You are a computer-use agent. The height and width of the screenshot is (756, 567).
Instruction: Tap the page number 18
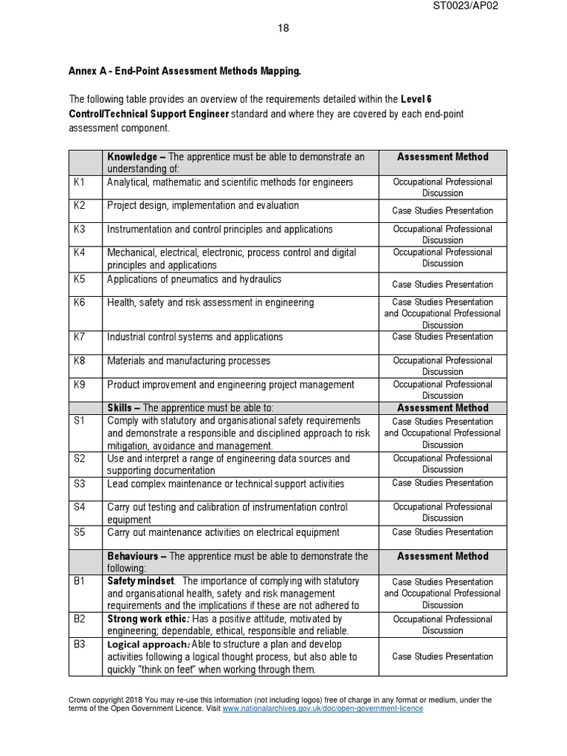coord(283,28)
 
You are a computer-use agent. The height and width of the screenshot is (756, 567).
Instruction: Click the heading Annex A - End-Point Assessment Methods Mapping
coord(185,72)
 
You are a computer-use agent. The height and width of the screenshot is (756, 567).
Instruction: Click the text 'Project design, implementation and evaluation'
coord(203,206)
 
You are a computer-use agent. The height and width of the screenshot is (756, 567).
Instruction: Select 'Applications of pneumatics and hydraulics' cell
coord(194,280)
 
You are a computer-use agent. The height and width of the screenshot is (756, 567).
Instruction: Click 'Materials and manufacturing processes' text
coord(189,361)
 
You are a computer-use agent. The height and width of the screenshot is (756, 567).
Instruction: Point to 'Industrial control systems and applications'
coord(195,337)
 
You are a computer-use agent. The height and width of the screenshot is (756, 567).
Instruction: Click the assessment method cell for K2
coord(442,211)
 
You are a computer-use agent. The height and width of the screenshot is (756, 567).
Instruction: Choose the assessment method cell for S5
coord(442,532)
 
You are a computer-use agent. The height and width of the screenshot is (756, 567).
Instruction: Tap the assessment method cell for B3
coord(442,656)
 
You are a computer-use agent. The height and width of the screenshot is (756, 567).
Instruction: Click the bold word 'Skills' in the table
coord(120,408)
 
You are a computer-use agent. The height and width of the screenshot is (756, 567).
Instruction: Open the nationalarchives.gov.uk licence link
coord(323,708)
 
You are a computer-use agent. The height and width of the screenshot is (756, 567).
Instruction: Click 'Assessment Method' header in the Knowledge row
coord(442,157)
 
